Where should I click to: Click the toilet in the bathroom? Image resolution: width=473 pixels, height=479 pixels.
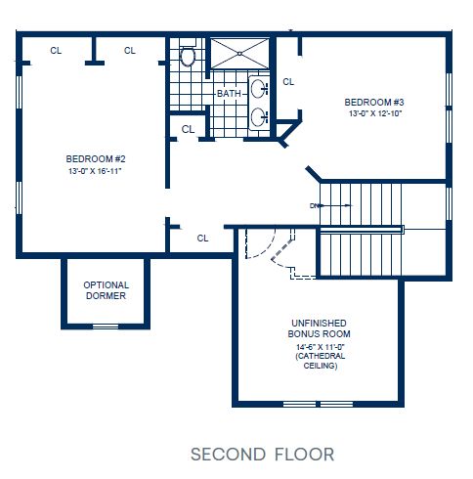pos(188,56)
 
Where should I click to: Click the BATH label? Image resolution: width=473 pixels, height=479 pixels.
pos(229,94)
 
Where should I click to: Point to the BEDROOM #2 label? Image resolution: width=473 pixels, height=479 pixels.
pos(94,159)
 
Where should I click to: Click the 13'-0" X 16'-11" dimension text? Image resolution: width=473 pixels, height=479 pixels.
pos(94,171)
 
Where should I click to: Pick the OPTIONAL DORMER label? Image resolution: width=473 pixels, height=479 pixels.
pos(105,290)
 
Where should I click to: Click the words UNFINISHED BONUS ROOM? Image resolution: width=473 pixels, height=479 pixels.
pos(320,328)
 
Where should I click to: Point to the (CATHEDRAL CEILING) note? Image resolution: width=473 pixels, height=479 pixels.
pos(320,362)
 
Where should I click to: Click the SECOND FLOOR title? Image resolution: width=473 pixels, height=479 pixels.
pos(262,454)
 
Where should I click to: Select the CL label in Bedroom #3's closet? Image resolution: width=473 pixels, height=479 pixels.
pos(288,82)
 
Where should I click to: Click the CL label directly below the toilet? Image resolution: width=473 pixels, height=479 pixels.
pos(188,128)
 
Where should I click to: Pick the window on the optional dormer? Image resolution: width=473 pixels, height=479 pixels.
pos(105,326)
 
